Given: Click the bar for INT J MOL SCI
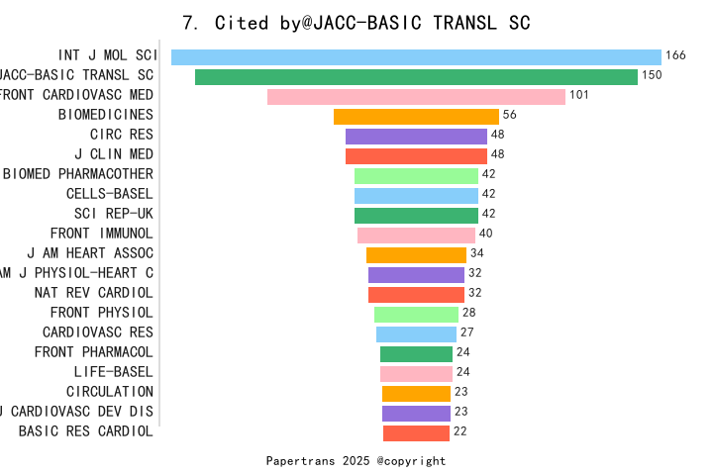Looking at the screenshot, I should pos(416,56).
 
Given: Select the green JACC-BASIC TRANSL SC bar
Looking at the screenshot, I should pos(416,76).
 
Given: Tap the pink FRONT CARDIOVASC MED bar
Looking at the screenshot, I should pos(416,96).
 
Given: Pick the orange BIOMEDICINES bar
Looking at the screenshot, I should pos(416,116).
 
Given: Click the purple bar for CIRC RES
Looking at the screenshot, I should pos(416,136).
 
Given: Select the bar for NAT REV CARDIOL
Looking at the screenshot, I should pos(416,294).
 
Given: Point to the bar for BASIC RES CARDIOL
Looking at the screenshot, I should pos(416,432).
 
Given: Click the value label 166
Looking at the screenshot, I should pos(675,55).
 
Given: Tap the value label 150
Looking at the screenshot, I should pos(652,75).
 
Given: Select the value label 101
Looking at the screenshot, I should pos(579,95).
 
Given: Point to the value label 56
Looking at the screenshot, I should pos(510,115).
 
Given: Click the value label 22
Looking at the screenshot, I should pos(459,431).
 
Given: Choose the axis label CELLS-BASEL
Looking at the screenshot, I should pos(110,194).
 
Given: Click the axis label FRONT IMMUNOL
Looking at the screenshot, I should pos(102,234).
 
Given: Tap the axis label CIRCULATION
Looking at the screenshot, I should pos(110,392).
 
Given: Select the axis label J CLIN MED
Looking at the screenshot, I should pos(114,154).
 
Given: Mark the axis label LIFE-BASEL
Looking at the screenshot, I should pos(114,372).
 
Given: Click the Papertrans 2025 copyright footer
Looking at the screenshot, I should pos(356,461).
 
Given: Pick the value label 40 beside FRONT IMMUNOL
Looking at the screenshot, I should pos(485,234).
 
